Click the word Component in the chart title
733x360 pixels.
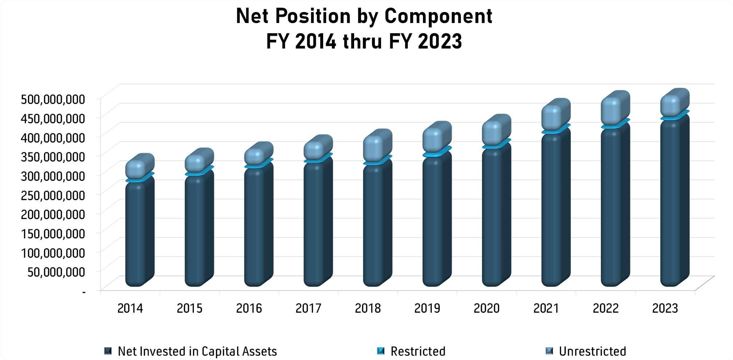click(438, 17)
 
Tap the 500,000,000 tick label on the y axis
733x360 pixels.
click(53, 99)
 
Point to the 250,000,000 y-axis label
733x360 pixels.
click(53, 195)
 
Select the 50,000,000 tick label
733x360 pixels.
click(56, 272)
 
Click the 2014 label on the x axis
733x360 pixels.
click(130, 308)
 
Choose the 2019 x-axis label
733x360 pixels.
click(427, 308)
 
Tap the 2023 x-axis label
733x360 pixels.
click(665, 308)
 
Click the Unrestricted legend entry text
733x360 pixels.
click(592, 351)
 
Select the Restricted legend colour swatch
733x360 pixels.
click(381, 351)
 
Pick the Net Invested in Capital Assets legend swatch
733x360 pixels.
click(108, 351)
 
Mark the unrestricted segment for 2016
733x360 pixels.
click(259, 154)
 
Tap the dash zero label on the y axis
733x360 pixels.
click(84, 291)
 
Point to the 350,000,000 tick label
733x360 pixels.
click(53, 157)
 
